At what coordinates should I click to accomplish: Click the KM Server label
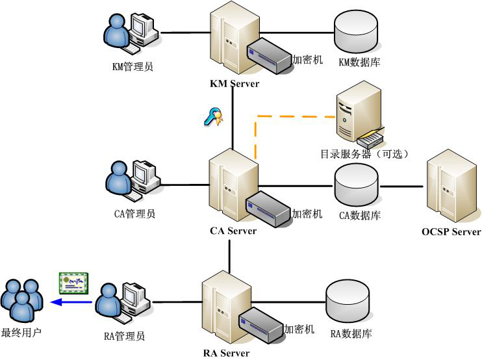point(235,84)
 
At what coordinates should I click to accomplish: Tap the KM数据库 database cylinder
point(355,33)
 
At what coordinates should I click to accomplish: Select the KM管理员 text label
point(133,66)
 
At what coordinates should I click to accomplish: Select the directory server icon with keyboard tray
point(359,117)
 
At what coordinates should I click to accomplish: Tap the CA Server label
point(233,231)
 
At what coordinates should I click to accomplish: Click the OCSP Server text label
point(451,231)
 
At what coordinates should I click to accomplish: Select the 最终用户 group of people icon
point(21,301)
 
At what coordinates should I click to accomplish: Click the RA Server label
point(226,354)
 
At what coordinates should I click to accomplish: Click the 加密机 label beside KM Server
point(307,60)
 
